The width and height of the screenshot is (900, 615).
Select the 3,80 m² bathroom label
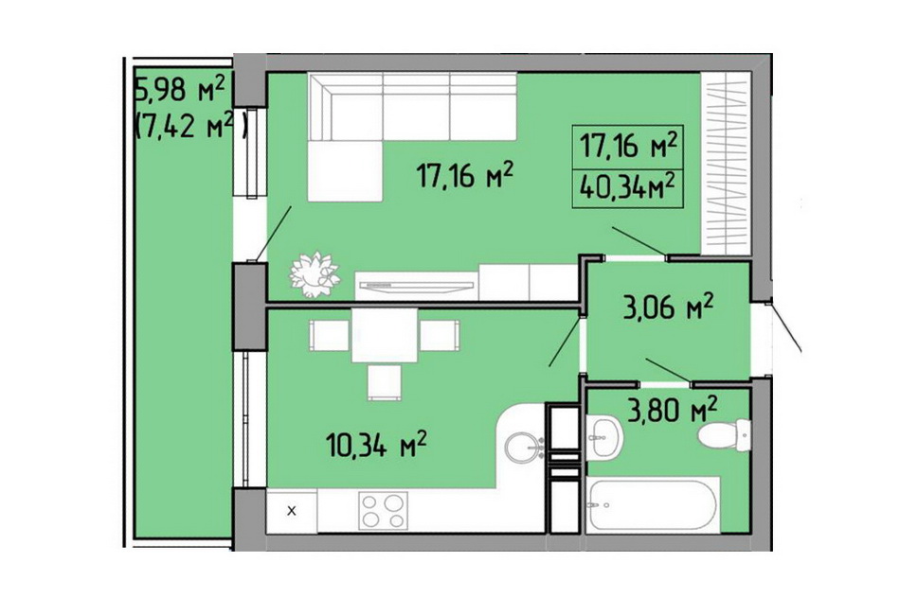point(672,410)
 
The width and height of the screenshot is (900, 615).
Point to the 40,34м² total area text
point(627,186)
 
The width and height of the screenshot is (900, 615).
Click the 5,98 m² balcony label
point(179,90)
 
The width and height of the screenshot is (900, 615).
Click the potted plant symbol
point(315,274)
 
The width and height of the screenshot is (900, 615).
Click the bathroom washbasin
point(604,437)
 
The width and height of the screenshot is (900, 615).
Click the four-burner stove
point(383,510)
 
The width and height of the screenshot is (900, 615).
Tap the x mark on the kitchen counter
point(291,511)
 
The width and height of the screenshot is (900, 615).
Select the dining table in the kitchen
point(385,335)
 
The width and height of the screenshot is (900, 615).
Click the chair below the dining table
point(384,381)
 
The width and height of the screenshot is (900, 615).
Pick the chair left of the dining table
point(329,335)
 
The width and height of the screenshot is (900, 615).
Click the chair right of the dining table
point(440,335)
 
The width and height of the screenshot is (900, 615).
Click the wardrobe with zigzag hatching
point(727,164)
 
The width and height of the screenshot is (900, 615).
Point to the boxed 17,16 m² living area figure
point(628,147)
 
